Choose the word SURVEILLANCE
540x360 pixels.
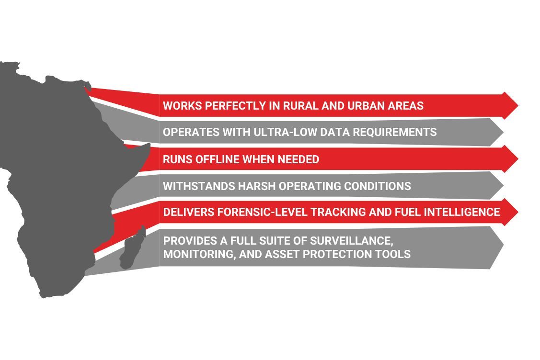click(x=354, y=240)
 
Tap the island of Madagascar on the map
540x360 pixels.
click(x=131, y=250)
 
